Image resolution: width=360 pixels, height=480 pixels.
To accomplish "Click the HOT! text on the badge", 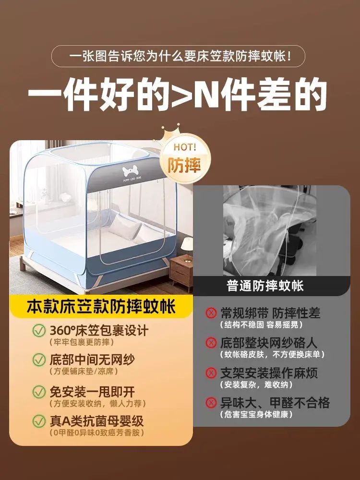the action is (x=185, y=147).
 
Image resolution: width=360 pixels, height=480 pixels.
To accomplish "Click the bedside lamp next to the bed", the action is (x=187, y=246).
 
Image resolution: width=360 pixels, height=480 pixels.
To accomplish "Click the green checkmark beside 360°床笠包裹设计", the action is (x=39, y=331).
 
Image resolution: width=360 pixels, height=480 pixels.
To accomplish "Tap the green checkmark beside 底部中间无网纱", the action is (x=39, y=360).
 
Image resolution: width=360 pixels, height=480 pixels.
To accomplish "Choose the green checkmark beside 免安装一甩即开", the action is (x=39, y=392).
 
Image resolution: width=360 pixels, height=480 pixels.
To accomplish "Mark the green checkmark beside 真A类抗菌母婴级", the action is (x=39, y=421).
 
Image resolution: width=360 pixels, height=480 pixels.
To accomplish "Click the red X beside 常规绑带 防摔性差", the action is (x=211, y=313).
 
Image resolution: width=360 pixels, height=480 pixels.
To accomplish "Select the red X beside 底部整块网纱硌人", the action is (x=211, y=343).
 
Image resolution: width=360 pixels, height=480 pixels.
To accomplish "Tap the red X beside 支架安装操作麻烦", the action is (x=211, y=372).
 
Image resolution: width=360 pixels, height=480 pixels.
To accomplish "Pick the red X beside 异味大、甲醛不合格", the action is (x=211, y=403).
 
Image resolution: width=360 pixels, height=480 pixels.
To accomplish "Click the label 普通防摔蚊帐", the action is (x=265, y=286).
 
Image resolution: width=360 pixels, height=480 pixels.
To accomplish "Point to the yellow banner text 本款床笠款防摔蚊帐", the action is (x=101, y=307).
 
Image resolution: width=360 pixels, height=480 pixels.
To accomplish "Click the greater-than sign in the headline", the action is (x=183, y=95).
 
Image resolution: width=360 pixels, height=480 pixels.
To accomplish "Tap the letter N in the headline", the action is (x=208, y=95).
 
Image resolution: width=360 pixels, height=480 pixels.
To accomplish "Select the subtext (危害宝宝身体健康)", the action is (x=256, y=415).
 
